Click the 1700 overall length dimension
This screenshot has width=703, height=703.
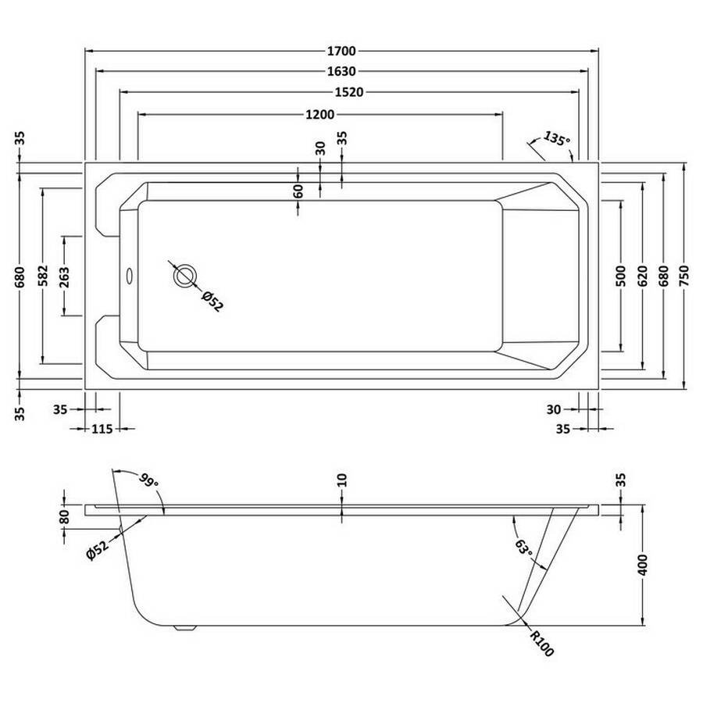[x=341, y=51]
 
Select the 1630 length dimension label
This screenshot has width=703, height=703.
[x=341, y=71]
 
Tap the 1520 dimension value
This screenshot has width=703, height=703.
[x=349, y=92]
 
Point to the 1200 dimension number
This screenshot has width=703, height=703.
[x=319, y=115]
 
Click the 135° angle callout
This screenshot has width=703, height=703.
[x=556, y=138]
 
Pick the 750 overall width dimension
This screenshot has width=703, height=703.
[x=683, y=276]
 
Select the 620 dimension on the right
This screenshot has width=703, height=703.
[x=642, y=276]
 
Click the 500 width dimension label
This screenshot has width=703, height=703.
[x=620, y=276]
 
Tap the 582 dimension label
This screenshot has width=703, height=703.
[x=43, y=276]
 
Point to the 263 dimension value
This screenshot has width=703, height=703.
[x=64, y=277]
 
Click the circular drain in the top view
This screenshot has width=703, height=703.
[x=185, y=277]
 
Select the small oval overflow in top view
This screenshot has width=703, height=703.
[x=129, y=277]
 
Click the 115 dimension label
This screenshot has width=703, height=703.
[x=102, y=429]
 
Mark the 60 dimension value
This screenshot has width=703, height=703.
[x=298, y=191]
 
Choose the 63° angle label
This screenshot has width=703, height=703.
[x=523, y=547]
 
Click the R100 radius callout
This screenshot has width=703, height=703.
[x=541, y=644]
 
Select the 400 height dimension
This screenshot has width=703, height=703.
[x=642, y=565]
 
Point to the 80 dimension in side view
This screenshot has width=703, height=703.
[x=64, y=516]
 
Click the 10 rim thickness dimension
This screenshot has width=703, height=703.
[x=341, y=480]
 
